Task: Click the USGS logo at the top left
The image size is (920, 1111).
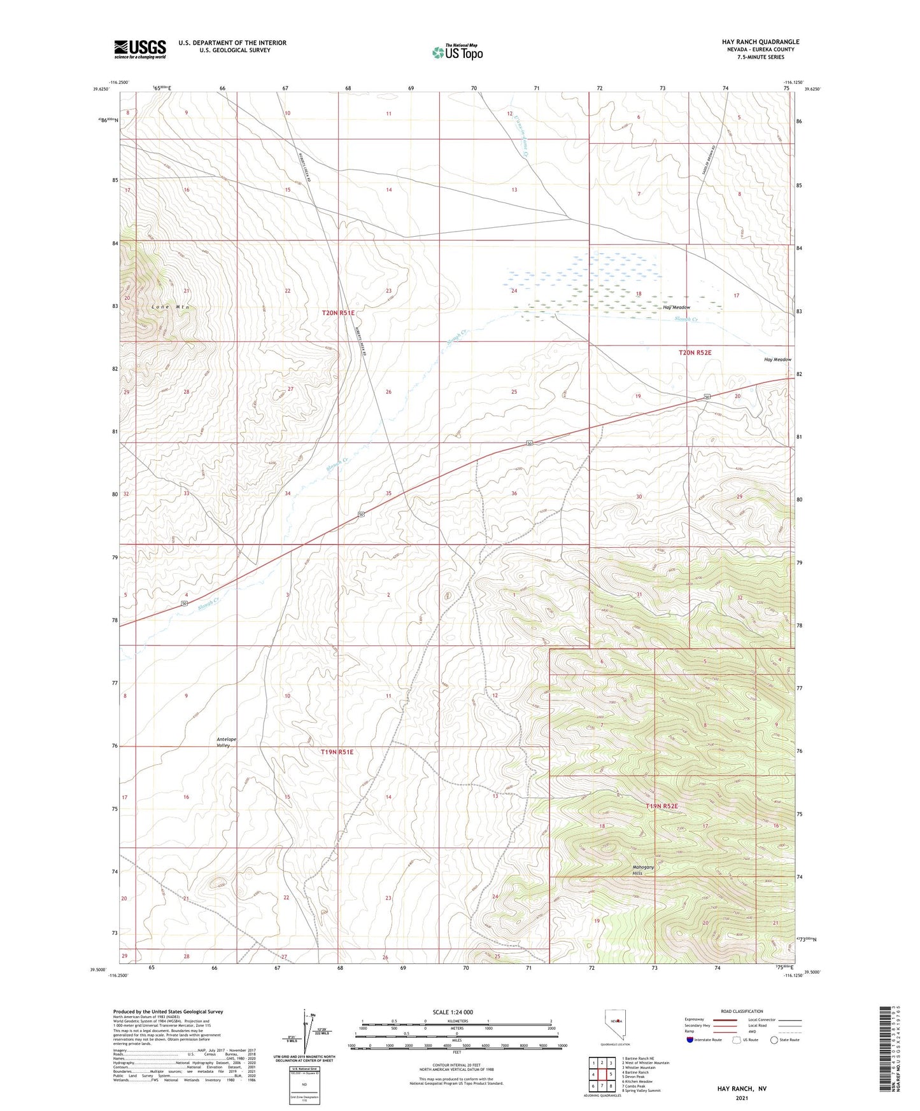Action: click(x=139, y=49)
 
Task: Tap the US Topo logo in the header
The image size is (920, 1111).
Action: click(x=456, y=52)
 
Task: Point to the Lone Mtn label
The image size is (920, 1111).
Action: click(x=170, y=307)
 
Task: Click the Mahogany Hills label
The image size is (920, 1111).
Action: click(x=643, y=870)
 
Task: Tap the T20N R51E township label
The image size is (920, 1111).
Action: click(x=337, y=313)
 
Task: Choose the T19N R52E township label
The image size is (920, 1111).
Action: click(x=663, y=806)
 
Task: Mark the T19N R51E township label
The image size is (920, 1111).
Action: click(x=336, y=752)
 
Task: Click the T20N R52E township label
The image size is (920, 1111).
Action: click(x=695, y=352)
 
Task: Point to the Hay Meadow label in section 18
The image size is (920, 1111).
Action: click(x=676, y=307)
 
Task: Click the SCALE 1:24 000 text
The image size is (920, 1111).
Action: click(x=453, y=1012)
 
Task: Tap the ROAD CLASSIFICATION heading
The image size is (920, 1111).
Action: click(x=742, y=1011)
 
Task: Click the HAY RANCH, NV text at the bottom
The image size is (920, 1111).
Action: click(x=742, y=1089)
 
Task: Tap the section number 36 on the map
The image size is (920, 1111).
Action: click(x=514, y=494)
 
